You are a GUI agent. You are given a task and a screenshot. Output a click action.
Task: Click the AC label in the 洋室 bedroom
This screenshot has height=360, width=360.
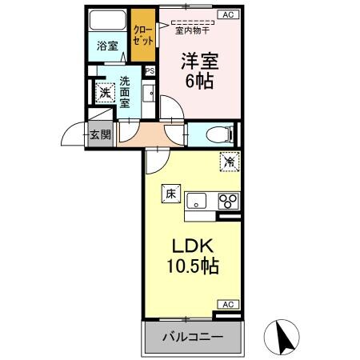[227, 14]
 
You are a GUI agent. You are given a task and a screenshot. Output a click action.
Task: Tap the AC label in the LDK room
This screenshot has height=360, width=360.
[227, 305]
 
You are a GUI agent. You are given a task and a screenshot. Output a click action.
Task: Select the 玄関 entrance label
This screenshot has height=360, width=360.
[100, 134]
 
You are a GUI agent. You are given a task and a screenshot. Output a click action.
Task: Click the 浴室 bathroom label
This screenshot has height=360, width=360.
[106, 46]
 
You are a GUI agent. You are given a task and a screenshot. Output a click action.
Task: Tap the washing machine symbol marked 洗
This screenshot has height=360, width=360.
[104, 92]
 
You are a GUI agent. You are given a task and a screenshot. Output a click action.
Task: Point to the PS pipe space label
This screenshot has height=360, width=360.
[150, 70]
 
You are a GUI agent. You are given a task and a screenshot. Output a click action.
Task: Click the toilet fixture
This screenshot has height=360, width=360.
[216, 134]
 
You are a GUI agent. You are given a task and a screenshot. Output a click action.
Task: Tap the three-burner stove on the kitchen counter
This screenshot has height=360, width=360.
[227, 200]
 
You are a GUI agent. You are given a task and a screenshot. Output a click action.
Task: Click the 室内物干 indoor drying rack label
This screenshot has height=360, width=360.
[192, 31]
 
